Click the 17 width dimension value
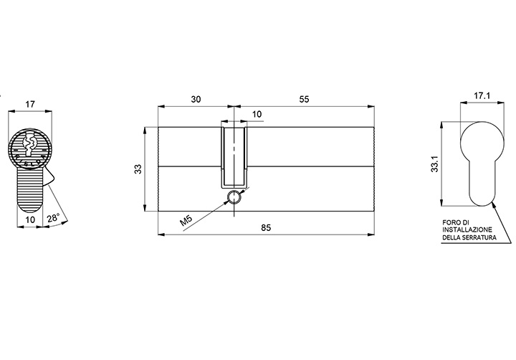(30, 105)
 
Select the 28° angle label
(53, 218)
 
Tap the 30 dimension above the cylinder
(196, 99)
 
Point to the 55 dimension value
(304, 99)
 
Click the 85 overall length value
(266, 227)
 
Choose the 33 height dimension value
(139, 169)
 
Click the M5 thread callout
(186, 220)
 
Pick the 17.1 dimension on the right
(482, 95)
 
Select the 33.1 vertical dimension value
(435, 164)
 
